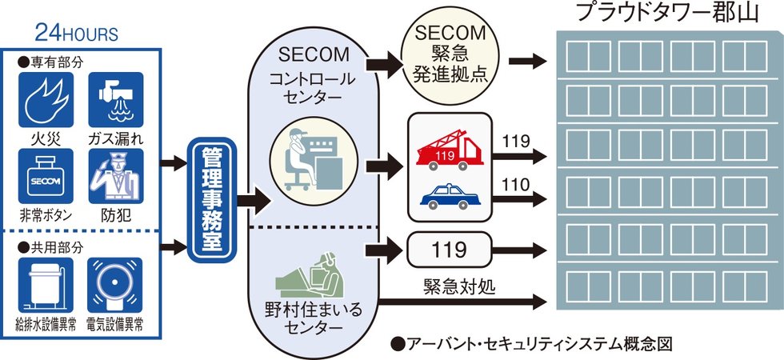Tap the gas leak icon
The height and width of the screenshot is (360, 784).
tap(115, 100)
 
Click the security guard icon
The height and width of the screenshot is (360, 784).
tap(115, 175)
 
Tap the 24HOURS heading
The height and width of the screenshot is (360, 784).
tap(77, 34)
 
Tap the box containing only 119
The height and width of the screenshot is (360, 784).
tap(449, 250)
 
